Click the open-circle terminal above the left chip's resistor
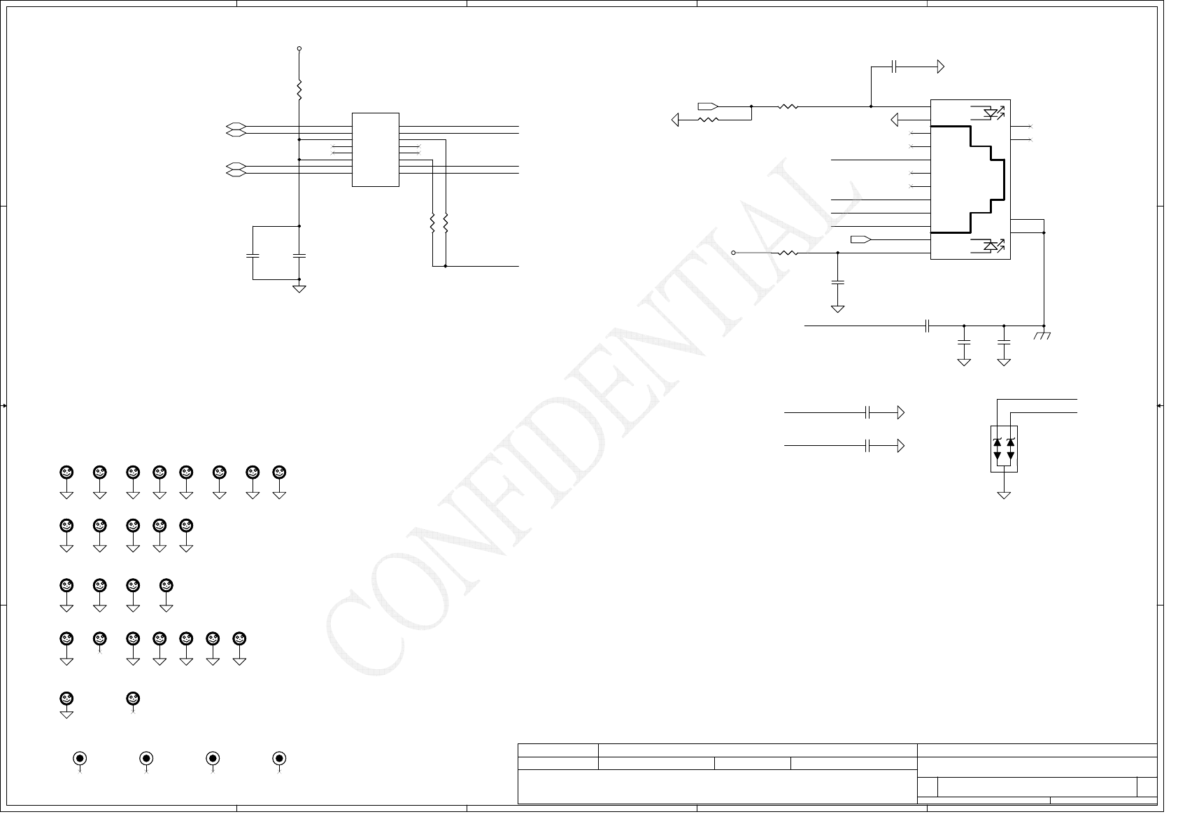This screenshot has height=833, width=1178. click(x=299, y=49)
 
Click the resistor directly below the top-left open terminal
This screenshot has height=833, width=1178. click(x=299, y=90)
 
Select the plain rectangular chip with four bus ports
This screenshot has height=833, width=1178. click(x=376, y=150)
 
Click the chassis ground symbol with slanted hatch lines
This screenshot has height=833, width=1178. click(x=1043, y=336)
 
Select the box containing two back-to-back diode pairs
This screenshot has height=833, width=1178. click(x=1004, y=449)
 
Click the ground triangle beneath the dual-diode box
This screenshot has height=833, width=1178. click(x=1004, y=495)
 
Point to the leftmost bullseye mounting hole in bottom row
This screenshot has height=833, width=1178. click(x=80, y=759)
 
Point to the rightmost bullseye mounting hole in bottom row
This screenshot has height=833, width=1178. click(x=279, y=759)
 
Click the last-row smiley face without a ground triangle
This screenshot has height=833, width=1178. click(x=133, y=699)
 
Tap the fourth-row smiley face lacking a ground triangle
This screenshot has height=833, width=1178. click(x=100, y=638)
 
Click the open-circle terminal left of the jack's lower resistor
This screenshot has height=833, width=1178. click(x=734, y=253)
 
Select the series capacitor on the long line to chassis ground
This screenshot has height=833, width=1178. click(x=927, y=325)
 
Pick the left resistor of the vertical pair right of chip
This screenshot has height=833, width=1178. click(x=432, y=223)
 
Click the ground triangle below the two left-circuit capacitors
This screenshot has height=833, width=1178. click(x=299, y=288)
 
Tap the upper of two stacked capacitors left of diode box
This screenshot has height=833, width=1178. click(x=867, y=413)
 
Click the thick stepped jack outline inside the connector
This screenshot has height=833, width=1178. click(x=986, y=178)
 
